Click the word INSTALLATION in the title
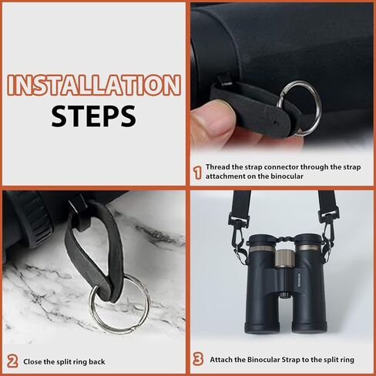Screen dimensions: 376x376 pyautogui.click(x=93, y=85)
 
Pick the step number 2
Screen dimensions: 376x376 pyautogui.click(x=12, y=361)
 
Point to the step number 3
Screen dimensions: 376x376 pyautogui.click(x=197, y=358)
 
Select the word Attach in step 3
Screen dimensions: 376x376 pyautogui.click(x=222, y=358)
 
